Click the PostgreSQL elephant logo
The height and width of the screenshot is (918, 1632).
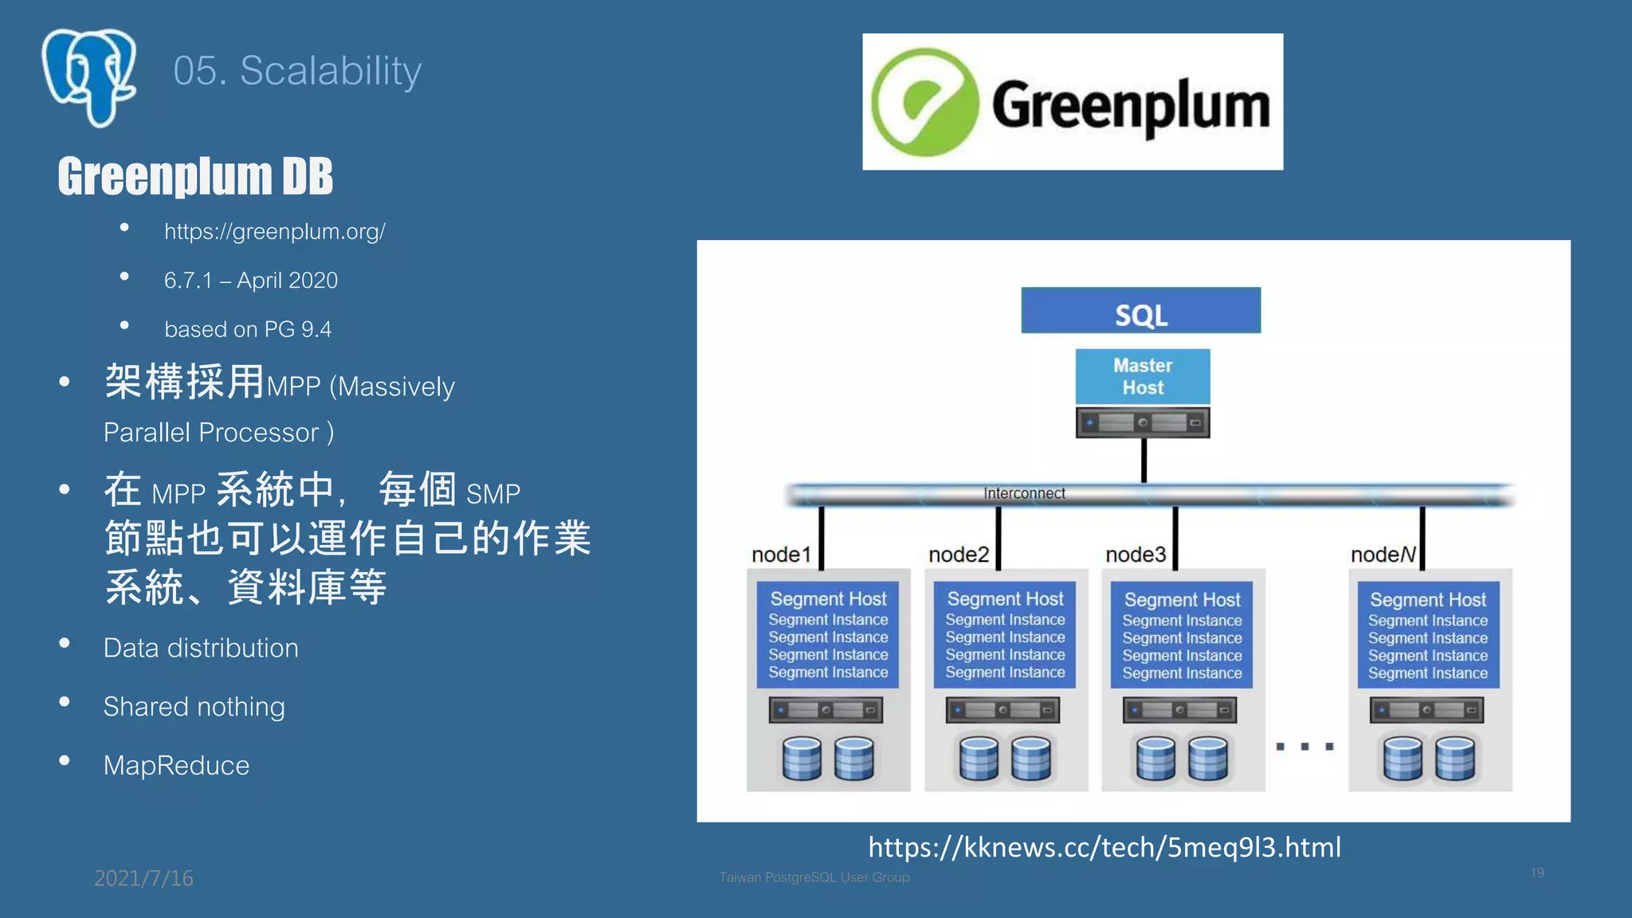point(89,77)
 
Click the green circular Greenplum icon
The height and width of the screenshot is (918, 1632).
point(924,102)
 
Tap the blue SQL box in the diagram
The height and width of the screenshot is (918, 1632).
point(1140,311)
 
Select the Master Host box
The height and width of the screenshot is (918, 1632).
point(1142,376)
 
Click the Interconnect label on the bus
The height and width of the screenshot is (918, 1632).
point(1024,493)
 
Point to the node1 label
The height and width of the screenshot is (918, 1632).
point(780,555)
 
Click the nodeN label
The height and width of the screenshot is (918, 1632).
point(1383,555)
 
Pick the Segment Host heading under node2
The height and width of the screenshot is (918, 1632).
point(1005,599)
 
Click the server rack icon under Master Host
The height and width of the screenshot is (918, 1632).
point(1142,422)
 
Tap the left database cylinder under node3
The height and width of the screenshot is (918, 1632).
point(1155,758)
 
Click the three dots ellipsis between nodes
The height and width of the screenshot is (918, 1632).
point(1304,747)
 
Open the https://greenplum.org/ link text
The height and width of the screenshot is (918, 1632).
point(274,232)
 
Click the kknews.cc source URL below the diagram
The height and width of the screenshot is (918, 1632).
point(1104,847)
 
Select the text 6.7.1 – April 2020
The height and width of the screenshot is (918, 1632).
point(250,280)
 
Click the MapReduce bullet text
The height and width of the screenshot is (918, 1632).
point(176,766)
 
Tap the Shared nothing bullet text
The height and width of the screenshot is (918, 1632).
point(194,707)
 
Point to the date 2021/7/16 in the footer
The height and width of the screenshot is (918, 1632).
point(143,878)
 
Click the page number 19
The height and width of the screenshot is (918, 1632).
point(1537,873)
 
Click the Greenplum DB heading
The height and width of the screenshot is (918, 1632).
point(195,176)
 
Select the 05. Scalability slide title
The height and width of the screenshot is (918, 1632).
point(296,71)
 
